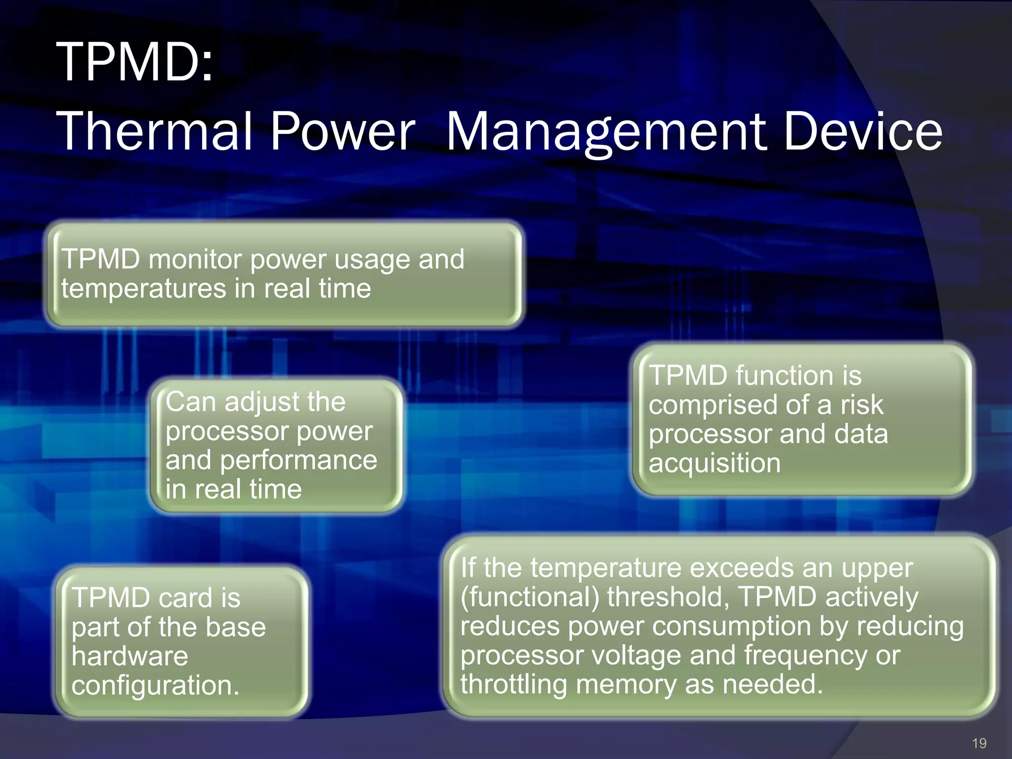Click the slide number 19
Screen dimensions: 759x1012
(x=978, y=743)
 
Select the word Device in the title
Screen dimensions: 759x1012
(x=863, y=131)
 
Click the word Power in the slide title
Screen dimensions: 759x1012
(x=342, y=131)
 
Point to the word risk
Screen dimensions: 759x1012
(x=862, y=405)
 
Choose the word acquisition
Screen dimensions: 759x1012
(x=715, y=463)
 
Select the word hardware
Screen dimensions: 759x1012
(x=129, y=656)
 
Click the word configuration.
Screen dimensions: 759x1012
(x=155, y=685)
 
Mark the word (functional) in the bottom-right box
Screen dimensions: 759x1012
(x=530, y=596)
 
